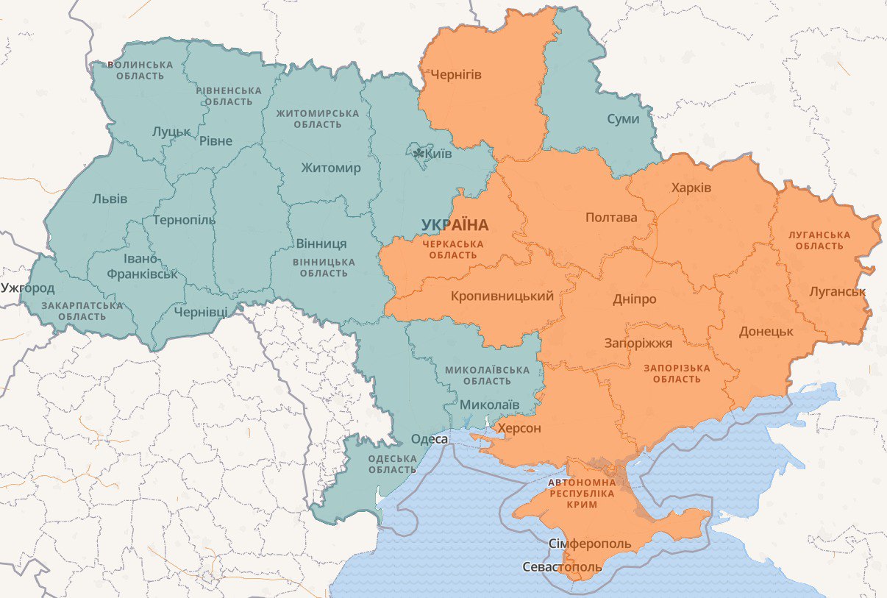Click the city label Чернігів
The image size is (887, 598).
(x=456, y=74)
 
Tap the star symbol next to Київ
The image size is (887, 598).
(x=418, y=154)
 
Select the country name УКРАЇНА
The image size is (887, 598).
(x=455, y=225)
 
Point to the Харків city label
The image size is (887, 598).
(x=691, y=188)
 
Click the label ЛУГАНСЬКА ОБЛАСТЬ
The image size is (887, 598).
(x=819, y=241)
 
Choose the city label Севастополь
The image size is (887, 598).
(x=561, y=567)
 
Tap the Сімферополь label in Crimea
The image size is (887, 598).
(x=590, y=544)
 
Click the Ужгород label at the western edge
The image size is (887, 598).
(x=27, y=287)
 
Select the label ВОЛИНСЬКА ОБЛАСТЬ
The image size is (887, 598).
(x=140, y=70)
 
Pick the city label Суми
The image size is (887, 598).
(x=623, y=119)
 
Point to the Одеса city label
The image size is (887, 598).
(x=429, y=439)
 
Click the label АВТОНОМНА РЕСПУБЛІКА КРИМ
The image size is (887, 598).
(x=582, y=494)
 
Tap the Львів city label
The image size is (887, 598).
(x=110, y=199)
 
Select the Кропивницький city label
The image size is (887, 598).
(x=502, y=296)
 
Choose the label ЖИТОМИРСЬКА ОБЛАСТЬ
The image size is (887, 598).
(x=318, y=119)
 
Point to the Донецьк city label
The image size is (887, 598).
(x=766, y=331)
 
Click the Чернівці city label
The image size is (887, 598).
(x=201, y=312)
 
